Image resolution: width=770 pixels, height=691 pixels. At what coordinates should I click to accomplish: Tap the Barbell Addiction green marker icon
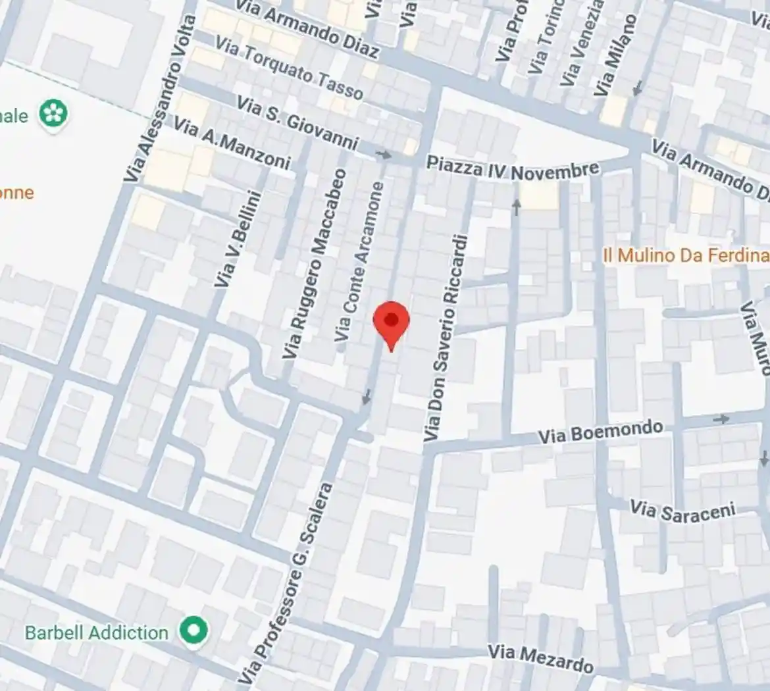tap(193, 630)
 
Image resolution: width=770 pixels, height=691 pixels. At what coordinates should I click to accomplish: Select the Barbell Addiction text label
tap(97, 633)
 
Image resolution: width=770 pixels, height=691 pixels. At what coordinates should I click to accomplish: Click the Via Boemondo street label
tap(600, 432)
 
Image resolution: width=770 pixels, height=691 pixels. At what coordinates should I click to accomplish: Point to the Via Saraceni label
tap(682, 511)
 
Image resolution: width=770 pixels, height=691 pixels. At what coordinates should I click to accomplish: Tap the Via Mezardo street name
tap(540, 657)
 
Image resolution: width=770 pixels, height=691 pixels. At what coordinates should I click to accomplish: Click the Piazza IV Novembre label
tap(513, 170)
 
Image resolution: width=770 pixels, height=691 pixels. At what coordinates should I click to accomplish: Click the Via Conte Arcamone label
tap(359, 262)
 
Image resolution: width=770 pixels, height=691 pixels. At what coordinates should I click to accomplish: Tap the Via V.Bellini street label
tap(238, 238)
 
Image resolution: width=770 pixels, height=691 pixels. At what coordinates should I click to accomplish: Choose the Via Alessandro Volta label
tap(161, 99)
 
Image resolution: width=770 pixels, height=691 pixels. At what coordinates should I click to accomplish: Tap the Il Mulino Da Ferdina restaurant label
tap(685, 255)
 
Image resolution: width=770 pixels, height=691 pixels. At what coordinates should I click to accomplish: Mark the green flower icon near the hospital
tap(53, 115)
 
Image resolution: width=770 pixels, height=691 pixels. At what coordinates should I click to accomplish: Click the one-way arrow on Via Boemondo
tap(721, 419)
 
